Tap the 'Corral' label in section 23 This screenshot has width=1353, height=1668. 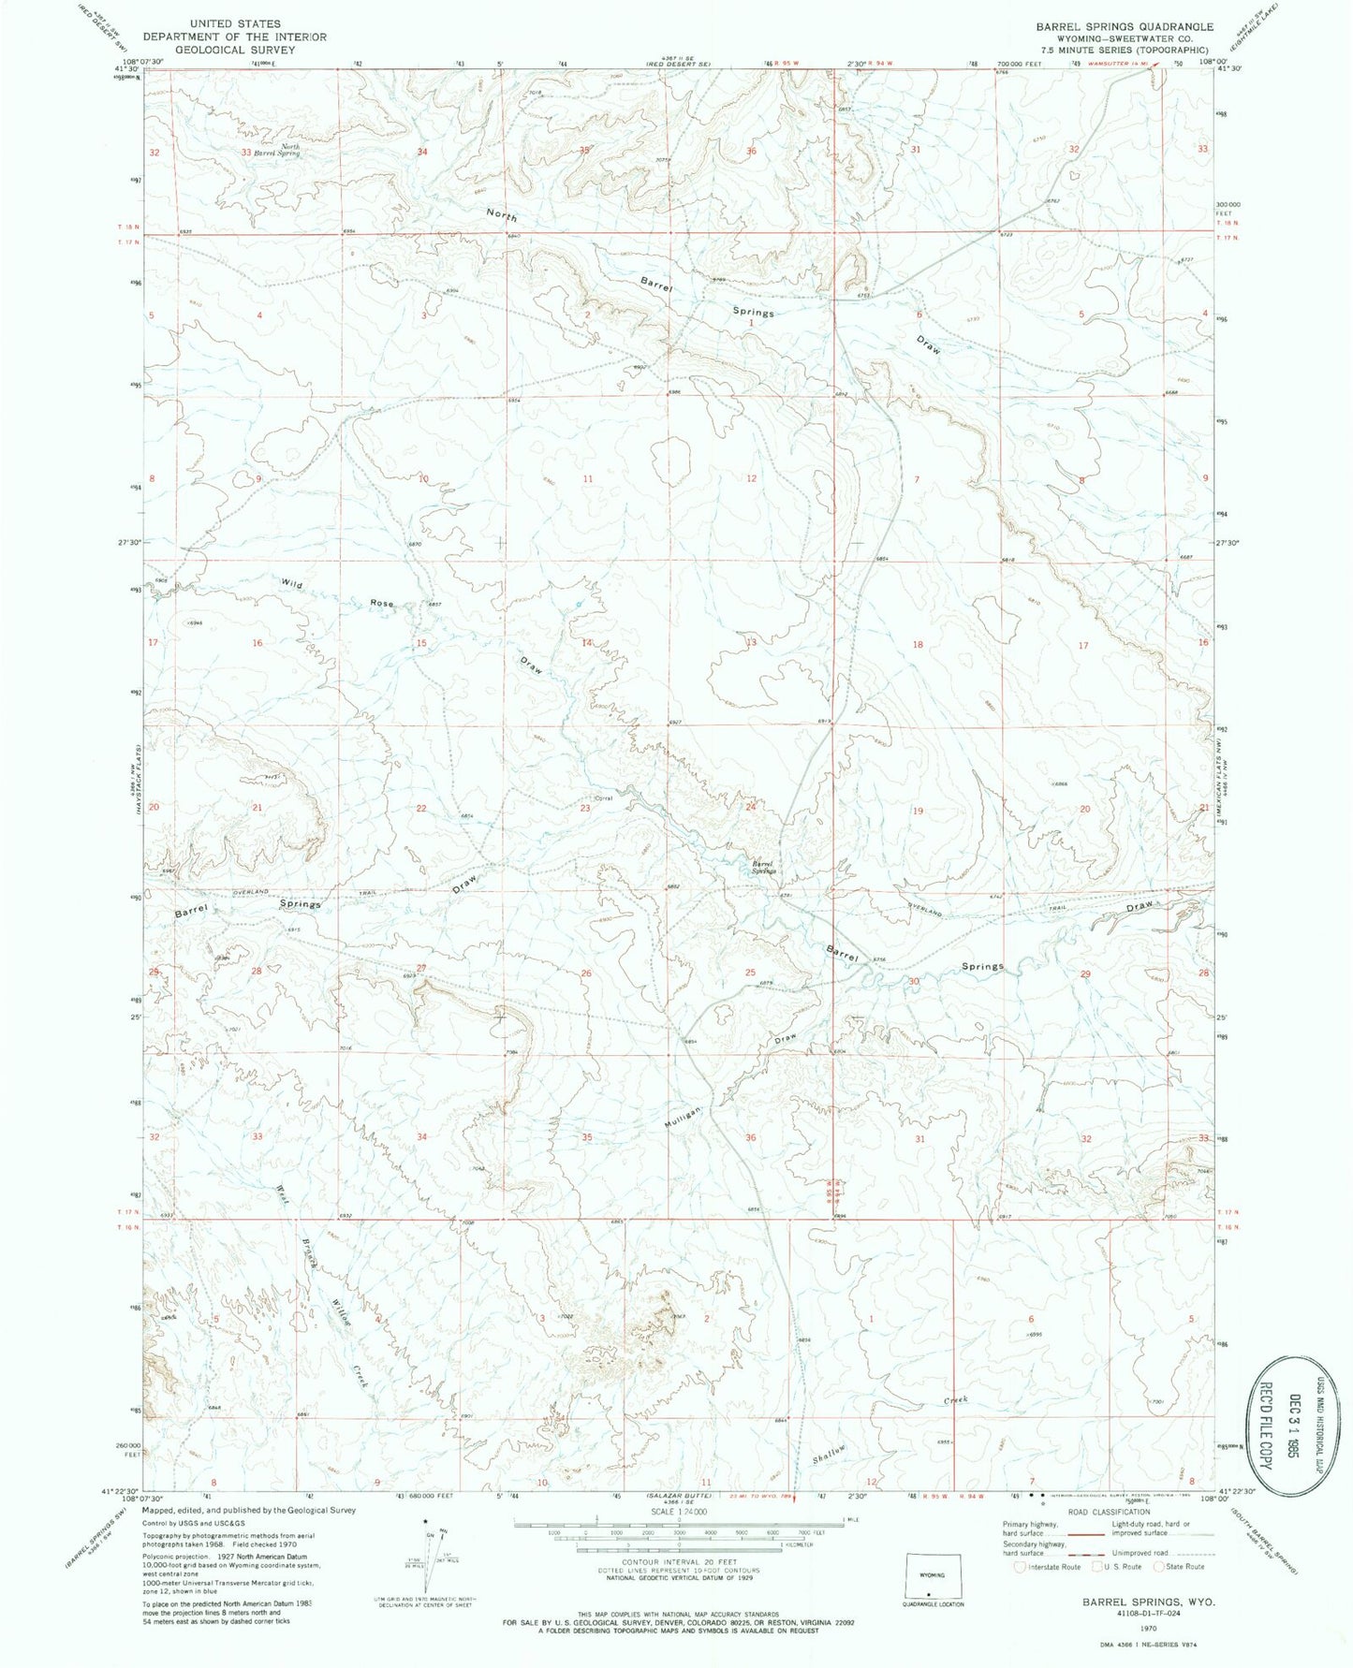(603, 798)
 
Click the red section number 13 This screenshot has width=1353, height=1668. (751, 642)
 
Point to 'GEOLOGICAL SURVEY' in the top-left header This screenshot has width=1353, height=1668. (234, 50)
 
